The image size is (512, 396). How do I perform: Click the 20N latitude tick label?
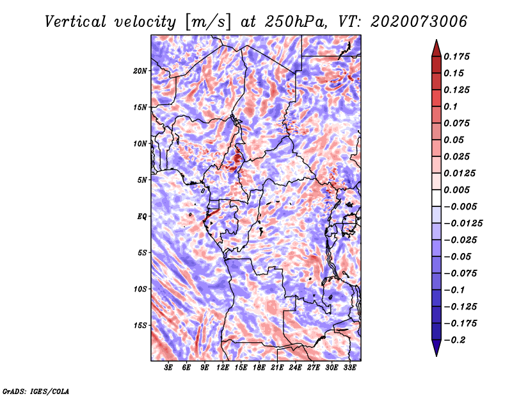140,70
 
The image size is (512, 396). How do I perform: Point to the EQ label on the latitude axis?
141,217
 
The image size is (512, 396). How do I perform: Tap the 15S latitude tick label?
140,326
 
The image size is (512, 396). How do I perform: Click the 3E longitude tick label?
169,368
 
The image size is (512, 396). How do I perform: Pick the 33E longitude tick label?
349,368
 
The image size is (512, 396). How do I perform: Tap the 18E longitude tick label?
259,368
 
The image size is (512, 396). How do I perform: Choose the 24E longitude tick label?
295,368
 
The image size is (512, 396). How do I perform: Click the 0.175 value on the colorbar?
458,56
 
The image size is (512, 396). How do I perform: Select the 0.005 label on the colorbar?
458,190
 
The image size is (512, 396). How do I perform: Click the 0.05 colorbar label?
454,140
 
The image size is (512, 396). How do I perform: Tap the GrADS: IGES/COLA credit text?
35,390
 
